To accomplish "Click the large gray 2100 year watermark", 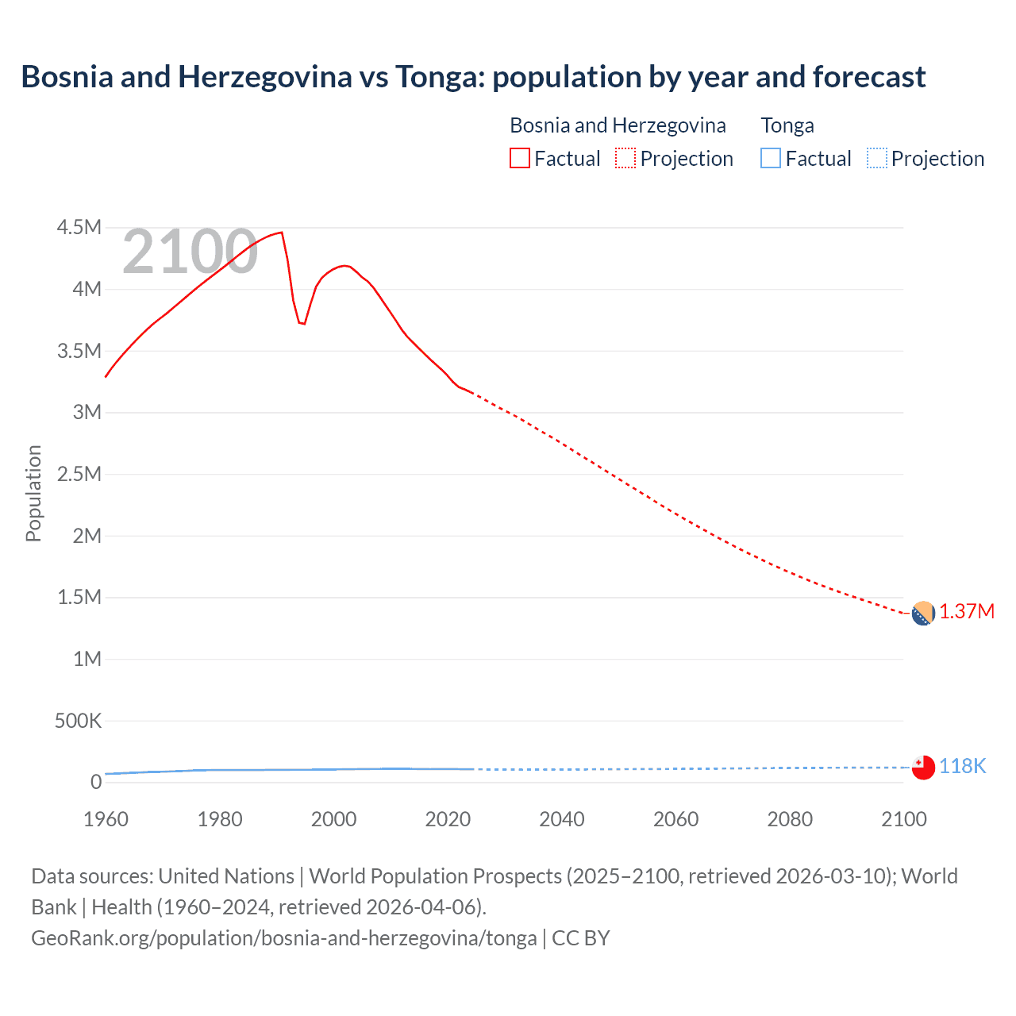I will [190, 252].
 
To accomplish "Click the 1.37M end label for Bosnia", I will [966, 612].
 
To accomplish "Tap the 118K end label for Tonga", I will [962, 766].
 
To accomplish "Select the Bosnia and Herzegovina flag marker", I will [922, 614].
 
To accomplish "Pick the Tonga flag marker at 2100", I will [923, 768].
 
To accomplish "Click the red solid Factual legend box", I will [519, 158].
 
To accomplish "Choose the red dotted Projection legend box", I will [625, 158].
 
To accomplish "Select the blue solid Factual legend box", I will [771, 158].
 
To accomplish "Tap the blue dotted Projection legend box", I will [876, 158].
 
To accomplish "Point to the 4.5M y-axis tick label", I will [79, 228].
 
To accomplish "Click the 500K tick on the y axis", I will [78, 721].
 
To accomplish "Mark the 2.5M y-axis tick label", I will [79, 474].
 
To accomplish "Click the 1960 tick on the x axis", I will [106, 819].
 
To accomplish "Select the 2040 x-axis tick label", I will [562, 819].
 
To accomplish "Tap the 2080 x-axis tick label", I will [790, 819].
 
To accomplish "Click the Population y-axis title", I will [33, 493].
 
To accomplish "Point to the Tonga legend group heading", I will [787, 125].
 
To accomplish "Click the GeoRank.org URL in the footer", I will [283, 937].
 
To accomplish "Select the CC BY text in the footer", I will [581, 937].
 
